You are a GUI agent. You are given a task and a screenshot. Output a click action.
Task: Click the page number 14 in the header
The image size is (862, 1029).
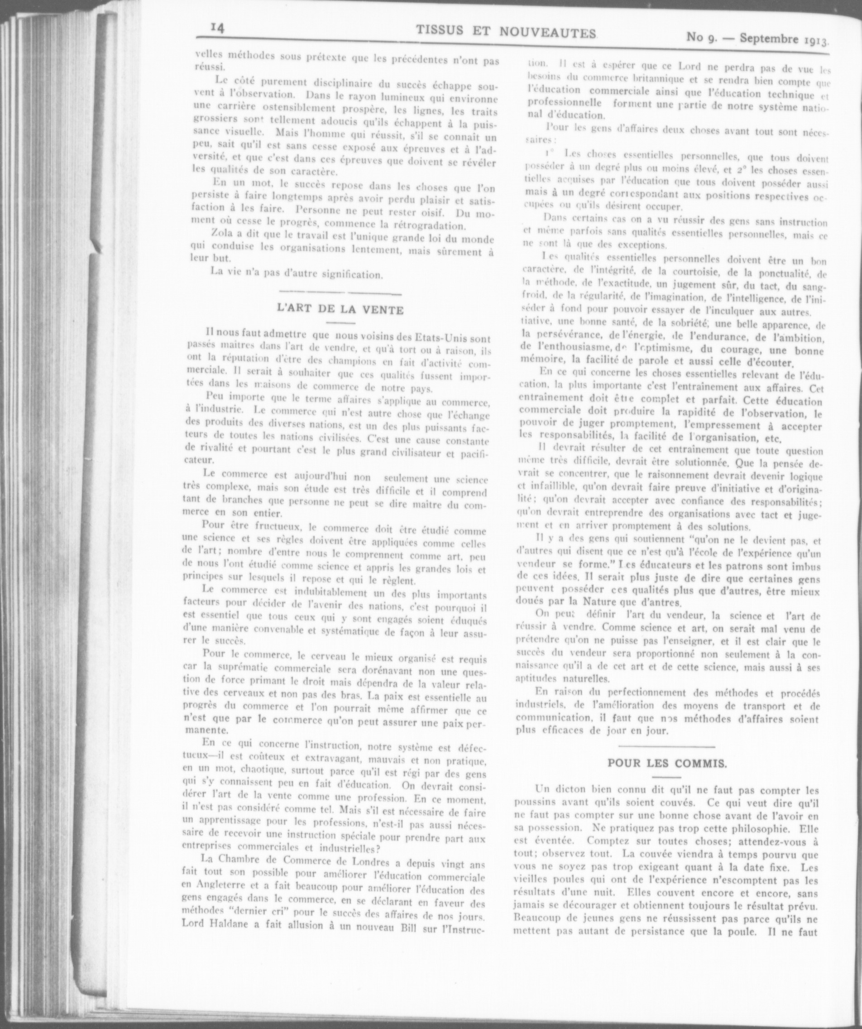(x=217, y=29)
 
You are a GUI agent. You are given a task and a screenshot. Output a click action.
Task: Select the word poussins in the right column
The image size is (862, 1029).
(x=533, y=803)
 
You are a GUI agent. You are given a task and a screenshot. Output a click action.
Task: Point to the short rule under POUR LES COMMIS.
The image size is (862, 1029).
(x=667, y=778)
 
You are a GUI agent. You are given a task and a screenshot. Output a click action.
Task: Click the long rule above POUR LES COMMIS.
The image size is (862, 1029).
(x=667, y=746)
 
